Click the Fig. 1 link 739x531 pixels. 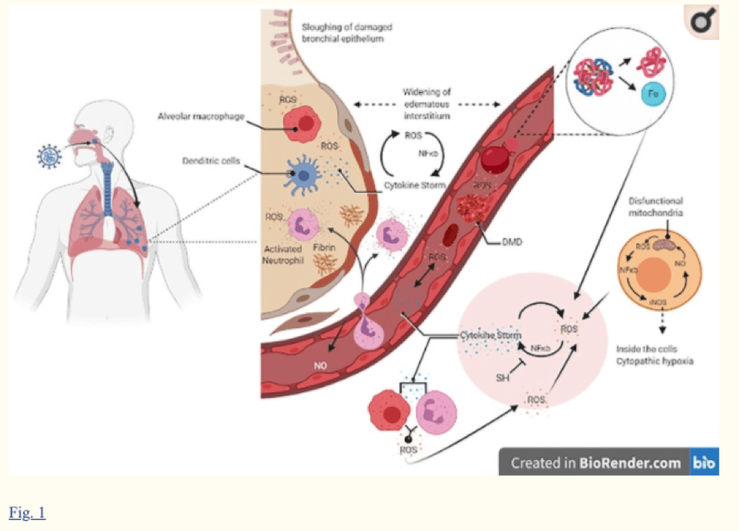coord(28,514)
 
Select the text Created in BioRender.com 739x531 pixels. coord(595,463)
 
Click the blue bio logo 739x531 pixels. coord(704,463)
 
